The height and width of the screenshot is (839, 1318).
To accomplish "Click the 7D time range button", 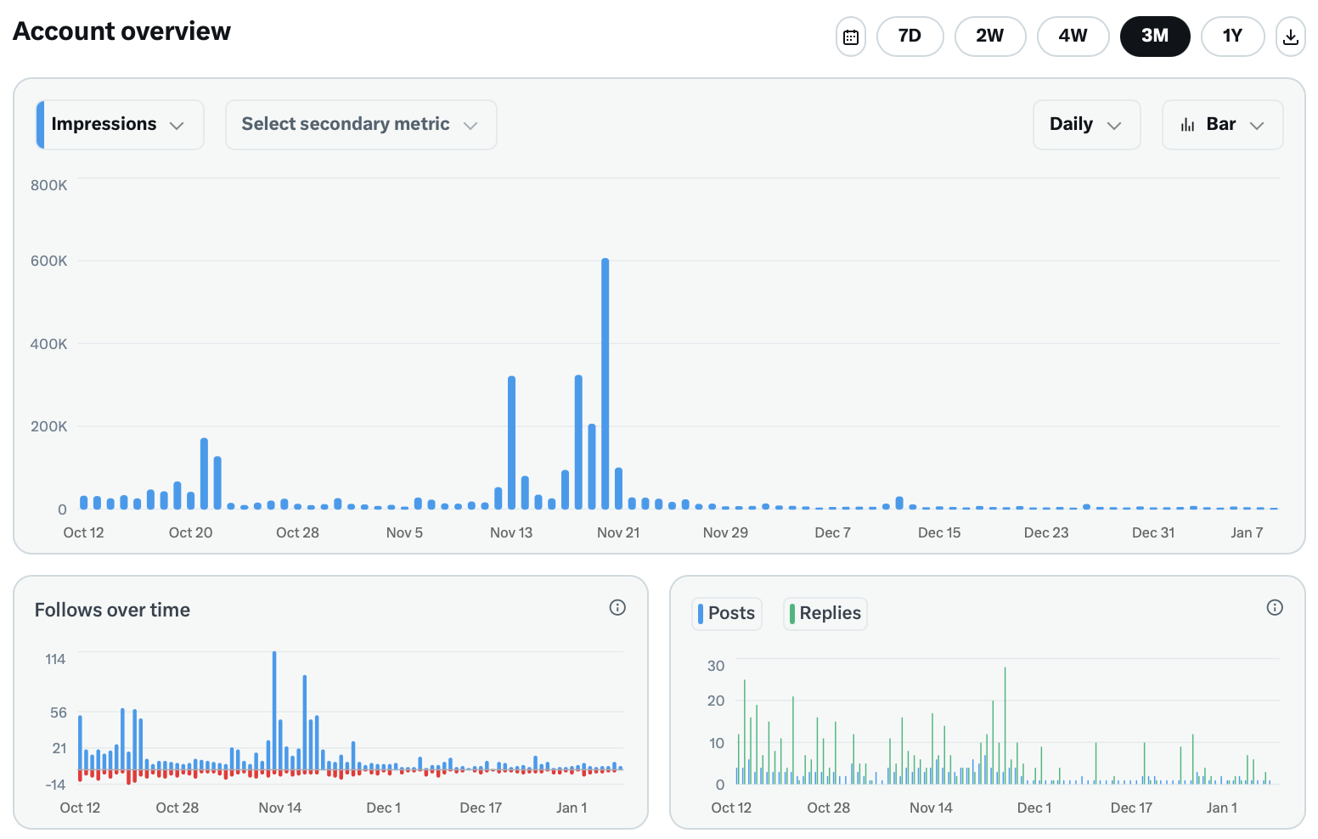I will (910, 37).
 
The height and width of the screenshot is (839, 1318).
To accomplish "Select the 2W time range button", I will (989, 37).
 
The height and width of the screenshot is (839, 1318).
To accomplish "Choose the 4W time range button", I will (1073, 37).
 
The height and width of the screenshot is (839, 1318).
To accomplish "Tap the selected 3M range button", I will (1154, 37).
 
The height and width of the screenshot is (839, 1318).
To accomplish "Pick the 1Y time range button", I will (1232, 37).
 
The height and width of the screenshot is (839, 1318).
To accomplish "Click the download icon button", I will (1290, 37).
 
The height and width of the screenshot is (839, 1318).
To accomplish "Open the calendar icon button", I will (850, 37).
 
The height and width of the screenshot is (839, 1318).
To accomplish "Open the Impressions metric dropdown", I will (120, 125).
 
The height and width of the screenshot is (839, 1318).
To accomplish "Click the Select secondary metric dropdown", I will (360, 125).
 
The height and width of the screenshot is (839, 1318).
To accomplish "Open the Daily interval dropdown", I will (1085, 125).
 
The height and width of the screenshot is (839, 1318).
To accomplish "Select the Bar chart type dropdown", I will (1221, 125).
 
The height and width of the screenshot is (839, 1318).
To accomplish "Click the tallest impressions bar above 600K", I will (605, 382).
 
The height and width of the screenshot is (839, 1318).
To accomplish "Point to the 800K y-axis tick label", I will (49, 185).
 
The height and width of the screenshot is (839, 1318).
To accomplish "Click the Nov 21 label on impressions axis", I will (618, 532).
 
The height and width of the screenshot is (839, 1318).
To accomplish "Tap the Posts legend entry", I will (727, 613).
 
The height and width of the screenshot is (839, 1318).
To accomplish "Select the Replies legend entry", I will (825, 613).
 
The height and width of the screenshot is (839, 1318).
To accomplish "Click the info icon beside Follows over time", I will (617, 607).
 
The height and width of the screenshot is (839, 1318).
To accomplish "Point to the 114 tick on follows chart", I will (55, 659).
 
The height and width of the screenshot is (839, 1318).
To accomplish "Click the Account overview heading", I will (121, 31).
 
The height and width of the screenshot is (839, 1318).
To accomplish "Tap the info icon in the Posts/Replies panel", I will (1274, 607).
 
